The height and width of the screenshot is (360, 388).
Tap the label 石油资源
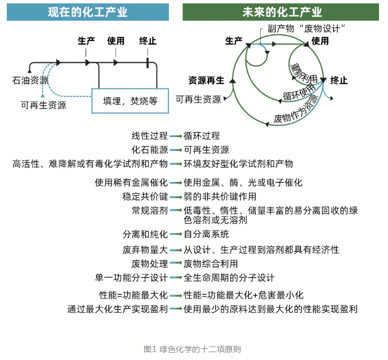pyautogui.click(x=29, y=81)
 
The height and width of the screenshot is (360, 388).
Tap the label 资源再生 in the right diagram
pyautogui.click(x=206, y=79)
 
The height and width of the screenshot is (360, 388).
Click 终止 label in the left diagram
pyautogui.click(x=148, y=41)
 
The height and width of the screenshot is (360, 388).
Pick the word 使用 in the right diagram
pyautogui.click(x=320, y=41)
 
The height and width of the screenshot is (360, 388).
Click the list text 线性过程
pyautogui.click(x=150, y=136)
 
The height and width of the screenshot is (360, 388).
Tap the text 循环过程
pyautogui.click(x=202, y=136)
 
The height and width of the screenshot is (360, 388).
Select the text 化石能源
pyautogui.click(x=150, y=149)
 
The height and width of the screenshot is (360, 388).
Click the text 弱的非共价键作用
pyautogui.click(x=220, y=197)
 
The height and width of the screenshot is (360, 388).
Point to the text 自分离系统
pyautogui.click(x=207, y=234)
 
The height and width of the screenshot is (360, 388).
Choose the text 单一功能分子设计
pyautogui.click(x=132, y=278)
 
